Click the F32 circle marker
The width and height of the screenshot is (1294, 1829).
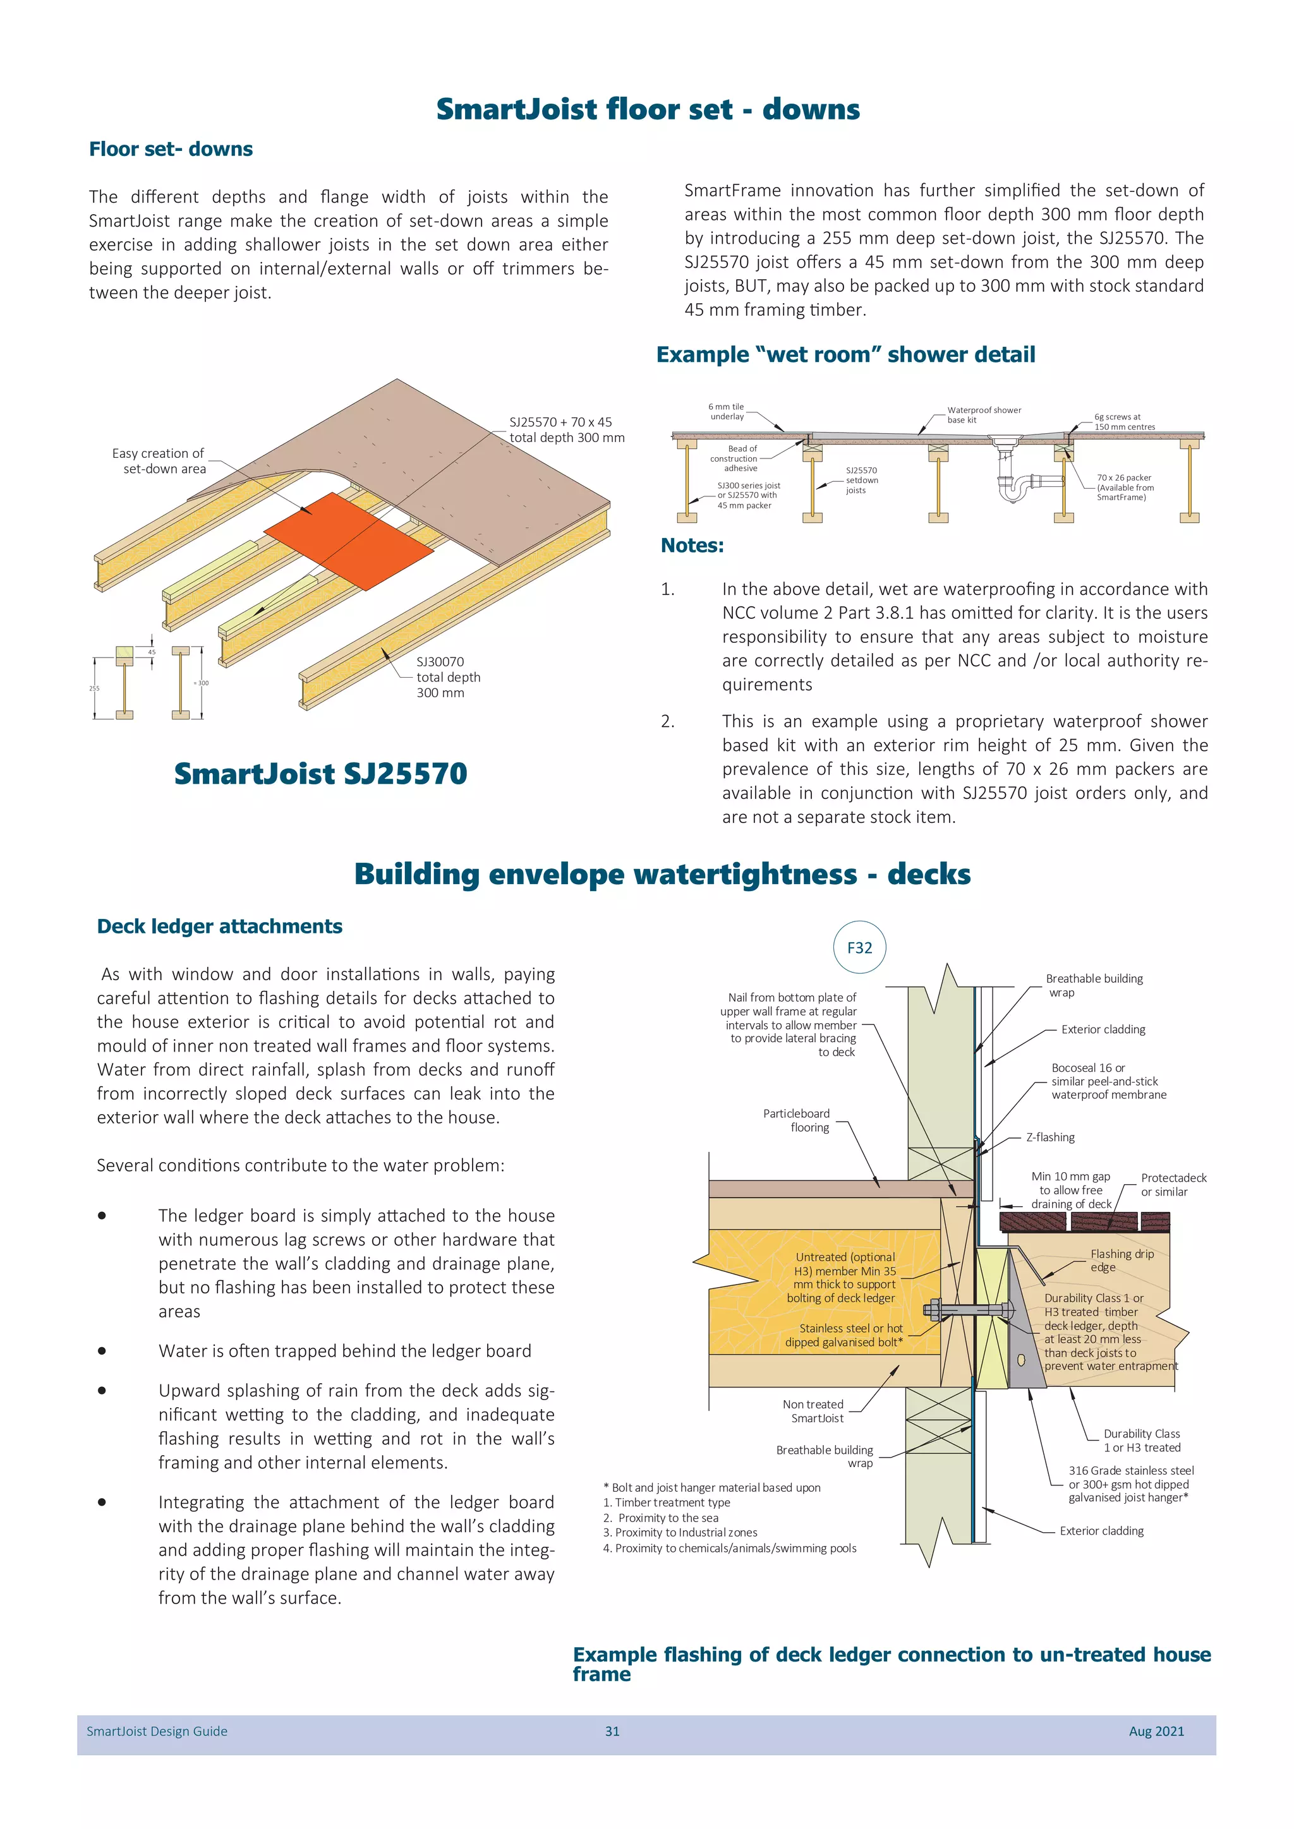click(859, 947)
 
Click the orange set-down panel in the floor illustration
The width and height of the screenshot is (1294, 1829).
click(349, 540)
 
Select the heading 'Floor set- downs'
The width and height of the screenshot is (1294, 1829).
click(171, 149)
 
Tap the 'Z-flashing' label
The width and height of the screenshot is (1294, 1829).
click(1050, 1137)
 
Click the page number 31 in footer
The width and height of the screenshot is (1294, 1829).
click(612, 1731)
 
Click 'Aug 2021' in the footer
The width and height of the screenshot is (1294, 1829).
click(1156, 1731)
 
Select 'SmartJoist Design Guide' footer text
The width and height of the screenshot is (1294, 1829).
click(157, 1731)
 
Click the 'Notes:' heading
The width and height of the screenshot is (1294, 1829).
click(692, 546)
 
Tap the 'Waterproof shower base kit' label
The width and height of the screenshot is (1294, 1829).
click(983, 414)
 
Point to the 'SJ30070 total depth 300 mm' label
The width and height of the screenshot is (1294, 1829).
click(448, 677)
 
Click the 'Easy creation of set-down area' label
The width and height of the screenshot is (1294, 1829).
click(159, 460)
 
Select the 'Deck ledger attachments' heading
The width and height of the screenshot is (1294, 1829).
click(219, 926)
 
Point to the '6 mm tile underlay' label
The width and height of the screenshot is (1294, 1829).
click(726, 411)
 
